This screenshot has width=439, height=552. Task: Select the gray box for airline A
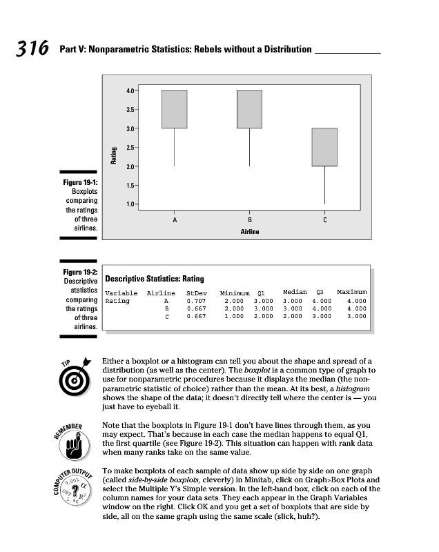point(174,109)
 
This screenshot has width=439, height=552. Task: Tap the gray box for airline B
point(249,109)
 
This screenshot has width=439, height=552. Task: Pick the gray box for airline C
point(324,147)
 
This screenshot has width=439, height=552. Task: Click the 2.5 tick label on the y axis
point(130,147)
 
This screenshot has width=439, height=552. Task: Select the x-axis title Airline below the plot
point(249,232)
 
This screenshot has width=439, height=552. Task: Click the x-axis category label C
point(324,219)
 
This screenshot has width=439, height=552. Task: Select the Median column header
point(295,293)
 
